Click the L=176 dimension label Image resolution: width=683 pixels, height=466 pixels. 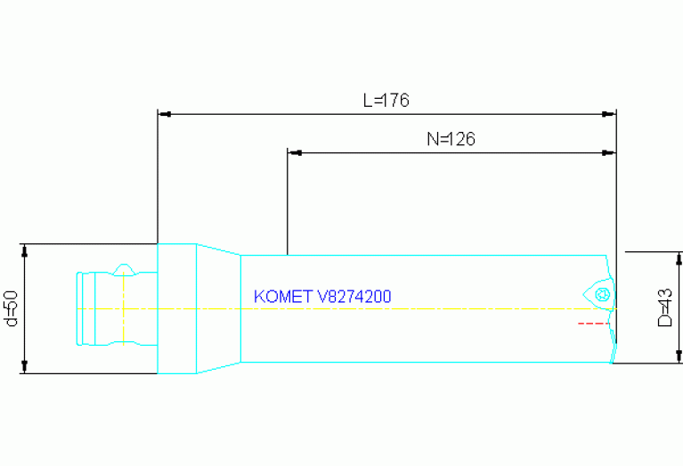tap(386, 101)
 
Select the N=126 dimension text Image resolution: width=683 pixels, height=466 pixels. tap(451, 139)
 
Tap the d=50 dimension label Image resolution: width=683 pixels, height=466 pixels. tap(12, 307)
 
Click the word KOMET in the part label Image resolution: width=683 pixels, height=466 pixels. tap(283, 296)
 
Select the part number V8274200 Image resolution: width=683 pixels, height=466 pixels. tap(354, 296)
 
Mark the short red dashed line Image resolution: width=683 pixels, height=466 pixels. tap(593, 323)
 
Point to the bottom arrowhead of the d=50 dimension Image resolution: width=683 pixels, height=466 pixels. tap(25, 367)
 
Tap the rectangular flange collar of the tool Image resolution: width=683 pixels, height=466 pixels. tap(176, 308)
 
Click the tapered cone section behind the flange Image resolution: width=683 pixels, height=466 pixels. tap(218, 308)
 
